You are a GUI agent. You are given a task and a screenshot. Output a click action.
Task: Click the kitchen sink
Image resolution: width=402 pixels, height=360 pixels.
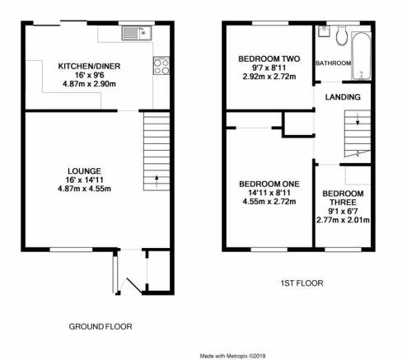click(137, 33)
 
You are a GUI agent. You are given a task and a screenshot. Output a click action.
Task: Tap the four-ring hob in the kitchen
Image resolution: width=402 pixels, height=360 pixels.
click(161, 66)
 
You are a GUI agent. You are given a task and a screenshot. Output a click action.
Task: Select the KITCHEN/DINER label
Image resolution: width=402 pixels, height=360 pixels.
click(89, 66)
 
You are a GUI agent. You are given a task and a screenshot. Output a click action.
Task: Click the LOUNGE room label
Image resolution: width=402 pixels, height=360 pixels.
click(84, 171)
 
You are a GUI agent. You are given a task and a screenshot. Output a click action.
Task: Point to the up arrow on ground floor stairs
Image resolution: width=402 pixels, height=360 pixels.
click(157, 181)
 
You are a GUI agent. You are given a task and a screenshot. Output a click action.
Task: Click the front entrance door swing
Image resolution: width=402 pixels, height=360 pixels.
click(133, 286)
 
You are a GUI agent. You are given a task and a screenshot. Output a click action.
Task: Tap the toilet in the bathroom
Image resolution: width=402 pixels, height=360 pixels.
click(342, 35)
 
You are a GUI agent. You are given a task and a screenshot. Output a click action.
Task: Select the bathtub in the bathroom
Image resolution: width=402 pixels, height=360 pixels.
click(362, 56)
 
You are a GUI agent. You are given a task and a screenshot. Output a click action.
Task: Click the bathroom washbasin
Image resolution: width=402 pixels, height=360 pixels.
click(325, 31)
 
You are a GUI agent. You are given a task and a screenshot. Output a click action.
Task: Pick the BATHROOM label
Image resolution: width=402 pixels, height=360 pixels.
click(334, 63)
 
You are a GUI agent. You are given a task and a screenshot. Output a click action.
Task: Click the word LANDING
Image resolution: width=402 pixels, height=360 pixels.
click(343, 97)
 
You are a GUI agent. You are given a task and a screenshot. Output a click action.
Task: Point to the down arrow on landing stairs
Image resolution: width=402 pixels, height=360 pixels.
click(358, 119)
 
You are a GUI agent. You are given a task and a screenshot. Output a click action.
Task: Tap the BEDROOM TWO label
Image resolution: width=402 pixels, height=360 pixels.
click(269, 58)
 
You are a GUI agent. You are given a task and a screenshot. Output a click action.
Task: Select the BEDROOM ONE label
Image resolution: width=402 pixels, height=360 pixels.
click(269, 184)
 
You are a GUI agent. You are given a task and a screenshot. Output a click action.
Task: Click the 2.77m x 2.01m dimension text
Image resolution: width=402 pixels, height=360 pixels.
click(343, 220)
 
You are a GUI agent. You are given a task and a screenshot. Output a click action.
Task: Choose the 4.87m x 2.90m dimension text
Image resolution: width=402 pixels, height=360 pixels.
click(89, 84)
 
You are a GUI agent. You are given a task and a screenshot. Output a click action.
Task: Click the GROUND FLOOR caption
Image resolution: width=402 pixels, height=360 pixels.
click(100, 326)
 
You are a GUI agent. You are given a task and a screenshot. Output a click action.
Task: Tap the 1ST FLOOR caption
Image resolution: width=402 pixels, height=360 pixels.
click(301, 283)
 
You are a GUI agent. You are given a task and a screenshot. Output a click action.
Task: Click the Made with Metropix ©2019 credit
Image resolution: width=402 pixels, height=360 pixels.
click(232, 356)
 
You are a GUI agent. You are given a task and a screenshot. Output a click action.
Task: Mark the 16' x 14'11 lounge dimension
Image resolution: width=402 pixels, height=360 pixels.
click(84, 180)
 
